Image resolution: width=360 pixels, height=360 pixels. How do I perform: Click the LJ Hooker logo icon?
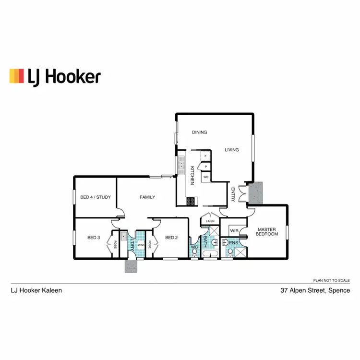[x=16, y=76]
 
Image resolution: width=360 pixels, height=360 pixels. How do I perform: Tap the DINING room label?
[x=199, y=132]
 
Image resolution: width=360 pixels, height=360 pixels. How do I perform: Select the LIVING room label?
[x=232, y=150]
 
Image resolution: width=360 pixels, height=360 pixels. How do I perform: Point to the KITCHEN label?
[x=192, y=175]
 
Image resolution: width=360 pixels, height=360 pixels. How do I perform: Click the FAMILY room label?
[x=147, y=197]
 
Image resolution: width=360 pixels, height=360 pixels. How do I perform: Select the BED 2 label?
[x=171, y=237]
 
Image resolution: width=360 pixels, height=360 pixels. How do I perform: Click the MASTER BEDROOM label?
[x=267, y=232]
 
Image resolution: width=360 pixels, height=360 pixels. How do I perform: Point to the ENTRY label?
[x=233, y=194]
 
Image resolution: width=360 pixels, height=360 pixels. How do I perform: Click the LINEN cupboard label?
[x=210, y=221]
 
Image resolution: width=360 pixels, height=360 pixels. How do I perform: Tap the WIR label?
[x=234, y=231]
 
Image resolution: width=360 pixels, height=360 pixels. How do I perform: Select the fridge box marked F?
[x=205, y=156]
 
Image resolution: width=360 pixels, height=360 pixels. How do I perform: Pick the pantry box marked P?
[x=205, y=167]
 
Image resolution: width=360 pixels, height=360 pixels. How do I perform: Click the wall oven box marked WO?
[x=205, y=177]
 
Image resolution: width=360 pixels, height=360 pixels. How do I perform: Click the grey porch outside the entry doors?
[x=257, y=192]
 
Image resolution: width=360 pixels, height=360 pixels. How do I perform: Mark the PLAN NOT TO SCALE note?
[x=331, y=279]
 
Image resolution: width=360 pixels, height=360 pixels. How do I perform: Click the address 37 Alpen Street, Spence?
[x=315, y=290]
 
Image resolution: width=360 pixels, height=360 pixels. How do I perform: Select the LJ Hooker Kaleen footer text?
[x=36, y=290]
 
